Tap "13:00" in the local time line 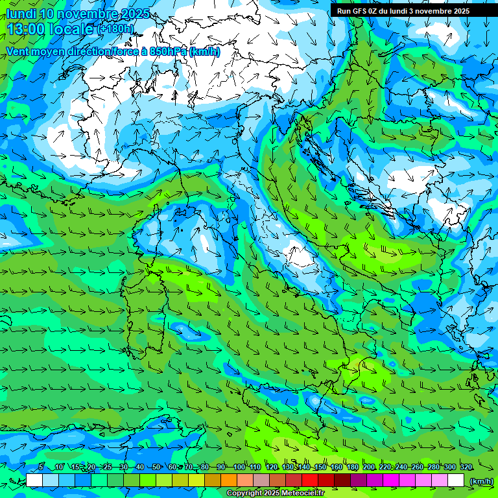pos(26,29)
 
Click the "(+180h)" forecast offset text pos(115,29)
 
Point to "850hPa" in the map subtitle pos(168,52)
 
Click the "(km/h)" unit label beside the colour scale pos(480,480)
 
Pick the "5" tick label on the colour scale pos(41,467)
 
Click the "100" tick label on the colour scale pos(239,467)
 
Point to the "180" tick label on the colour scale pos(352,467)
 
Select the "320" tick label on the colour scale pos(466,467)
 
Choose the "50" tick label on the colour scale pos(156,467)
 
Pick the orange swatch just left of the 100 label pos(229,480)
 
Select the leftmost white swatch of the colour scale pos(34,480)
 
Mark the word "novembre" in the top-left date pos(93,14)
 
